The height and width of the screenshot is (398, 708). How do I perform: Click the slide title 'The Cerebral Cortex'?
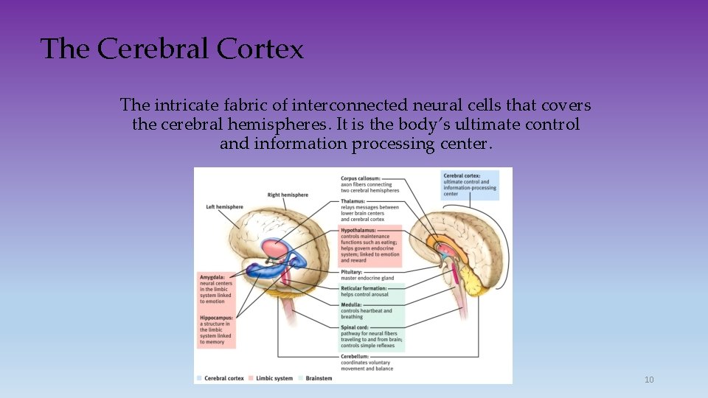[x=172, y=49]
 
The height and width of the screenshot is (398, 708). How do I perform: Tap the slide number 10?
[x=649, y=380]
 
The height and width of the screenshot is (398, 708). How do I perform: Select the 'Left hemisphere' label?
[x=224, y=207]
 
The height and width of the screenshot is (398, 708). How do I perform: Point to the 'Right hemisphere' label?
[x=288, y=195]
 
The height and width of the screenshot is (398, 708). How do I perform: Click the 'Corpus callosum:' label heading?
[x=366, y=178]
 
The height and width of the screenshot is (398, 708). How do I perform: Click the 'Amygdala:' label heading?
[x=212, y=277]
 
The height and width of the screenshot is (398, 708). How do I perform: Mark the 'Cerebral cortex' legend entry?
[x=223, y=378]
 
